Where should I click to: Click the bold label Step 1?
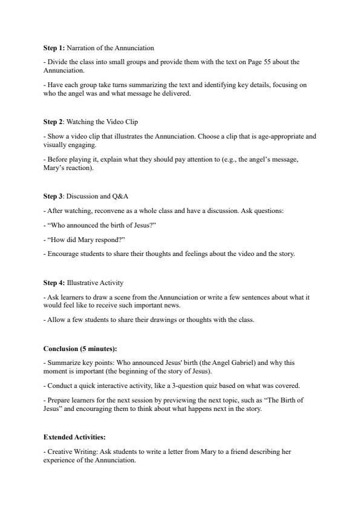[54, 48]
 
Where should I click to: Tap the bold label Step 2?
[53, 122]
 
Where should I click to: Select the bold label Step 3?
[53, 196]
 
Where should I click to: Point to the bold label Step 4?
[54, 283]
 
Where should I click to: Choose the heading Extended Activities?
[72, 436]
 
